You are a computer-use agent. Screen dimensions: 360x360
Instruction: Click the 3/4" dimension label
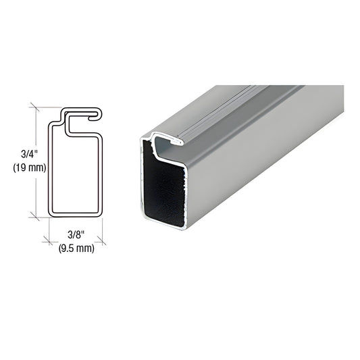click(29, 154)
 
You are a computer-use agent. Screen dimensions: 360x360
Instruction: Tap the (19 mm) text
click(30, 168)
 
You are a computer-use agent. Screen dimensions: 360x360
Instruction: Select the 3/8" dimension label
click(76, 235)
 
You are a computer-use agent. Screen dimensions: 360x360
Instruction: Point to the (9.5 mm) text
click(76, 248)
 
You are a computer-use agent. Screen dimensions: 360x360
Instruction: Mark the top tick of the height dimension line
click(35, 107)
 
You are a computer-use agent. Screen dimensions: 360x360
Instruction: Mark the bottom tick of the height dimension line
click(34, 217)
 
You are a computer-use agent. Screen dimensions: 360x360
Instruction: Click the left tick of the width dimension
click(48, 241)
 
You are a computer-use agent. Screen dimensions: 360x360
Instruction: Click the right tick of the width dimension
click(101, 241)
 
